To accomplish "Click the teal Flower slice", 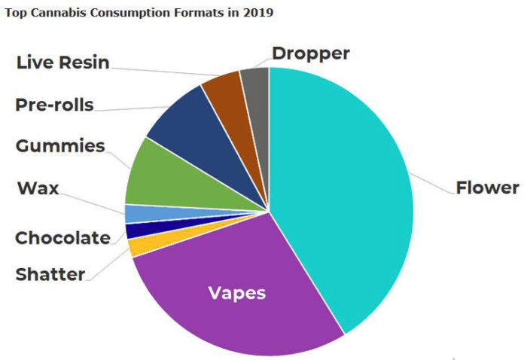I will (x=346, y=196).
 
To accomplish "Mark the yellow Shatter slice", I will (x=138, y=246).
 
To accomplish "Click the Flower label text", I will (x=487, y=188).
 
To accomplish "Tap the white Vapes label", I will (x=237, y=293).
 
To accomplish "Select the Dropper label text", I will (x=311, y=53).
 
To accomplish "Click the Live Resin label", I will (x=62, y=62).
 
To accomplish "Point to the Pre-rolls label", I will (x=54, y=105).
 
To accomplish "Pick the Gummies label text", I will (x=60, y=146).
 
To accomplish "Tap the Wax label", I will (x=38, y=188).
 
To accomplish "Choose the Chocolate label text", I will (x=62, y=238).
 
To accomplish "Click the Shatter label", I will (x=50, y=274).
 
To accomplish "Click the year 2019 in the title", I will (x=260, y=13).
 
